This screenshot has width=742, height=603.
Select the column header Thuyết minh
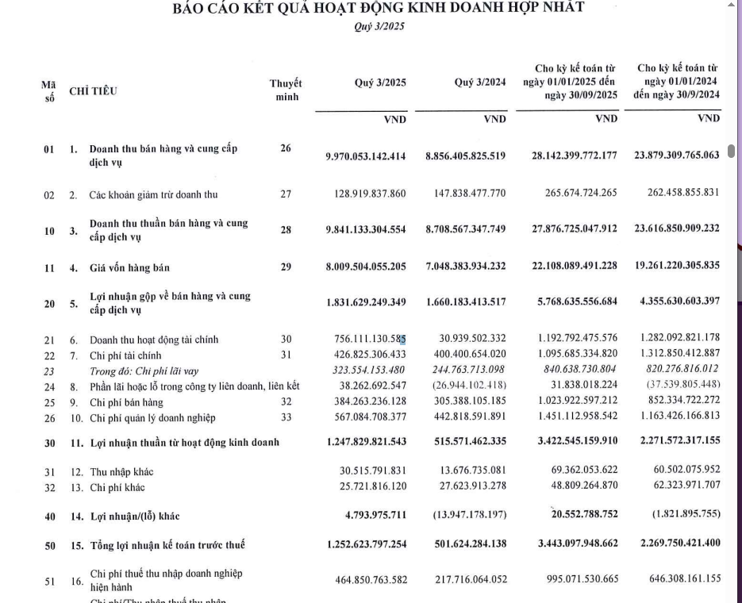pyautogui.click(x=286, y=90)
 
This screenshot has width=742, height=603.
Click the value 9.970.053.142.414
pyautogui.click(x=365, y=156)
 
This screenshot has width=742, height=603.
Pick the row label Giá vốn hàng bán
pyautogui.click(x=129, y=267)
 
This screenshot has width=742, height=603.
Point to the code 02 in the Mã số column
pyautogui.click(x=49, y=194)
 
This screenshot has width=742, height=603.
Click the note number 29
pyautogui.click(x=286, y=267)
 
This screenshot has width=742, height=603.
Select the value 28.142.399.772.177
pyautogui.click(x=574, y=156)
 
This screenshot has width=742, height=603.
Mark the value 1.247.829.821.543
pyautogui.click(x=365, y=442)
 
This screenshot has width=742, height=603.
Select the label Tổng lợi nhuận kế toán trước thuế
pyautogui.click(x=167, y=545)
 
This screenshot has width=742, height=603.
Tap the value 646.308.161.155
pyautogui.click(x=680, y=579)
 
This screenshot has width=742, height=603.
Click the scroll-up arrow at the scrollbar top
pyautogui.click(x=731, y=5)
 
